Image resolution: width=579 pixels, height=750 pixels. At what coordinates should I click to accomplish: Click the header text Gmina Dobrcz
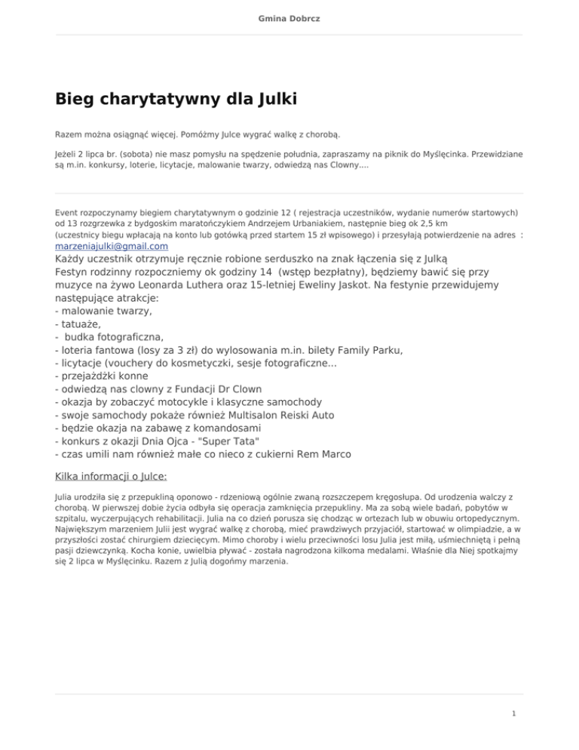point(289,17)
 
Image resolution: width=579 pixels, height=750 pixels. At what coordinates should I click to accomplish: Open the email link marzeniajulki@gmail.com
point(112,246)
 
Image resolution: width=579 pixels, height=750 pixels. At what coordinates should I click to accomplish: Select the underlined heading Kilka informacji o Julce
point(111,477)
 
